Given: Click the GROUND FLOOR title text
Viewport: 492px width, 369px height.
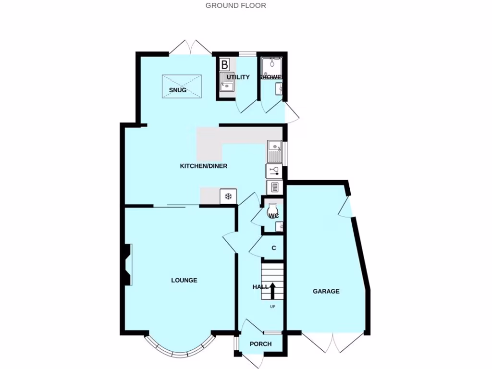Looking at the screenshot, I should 235,6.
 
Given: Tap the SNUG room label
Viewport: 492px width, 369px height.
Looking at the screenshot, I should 177,90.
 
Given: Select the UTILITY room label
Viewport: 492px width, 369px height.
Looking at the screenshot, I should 238,77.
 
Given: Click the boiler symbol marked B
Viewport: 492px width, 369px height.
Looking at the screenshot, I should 224,64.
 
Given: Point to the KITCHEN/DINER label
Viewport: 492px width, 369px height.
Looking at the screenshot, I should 203,166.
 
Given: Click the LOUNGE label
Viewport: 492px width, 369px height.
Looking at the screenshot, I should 184,280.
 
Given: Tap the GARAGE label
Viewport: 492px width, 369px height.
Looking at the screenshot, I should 326,291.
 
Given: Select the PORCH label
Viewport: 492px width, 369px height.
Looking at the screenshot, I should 261,344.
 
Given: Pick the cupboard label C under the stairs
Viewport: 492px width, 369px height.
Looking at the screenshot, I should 274,248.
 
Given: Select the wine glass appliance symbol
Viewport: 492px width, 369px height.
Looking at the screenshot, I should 274,171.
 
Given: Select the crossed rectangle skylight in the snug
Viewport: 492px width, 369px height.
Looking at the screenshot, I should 182,86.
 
